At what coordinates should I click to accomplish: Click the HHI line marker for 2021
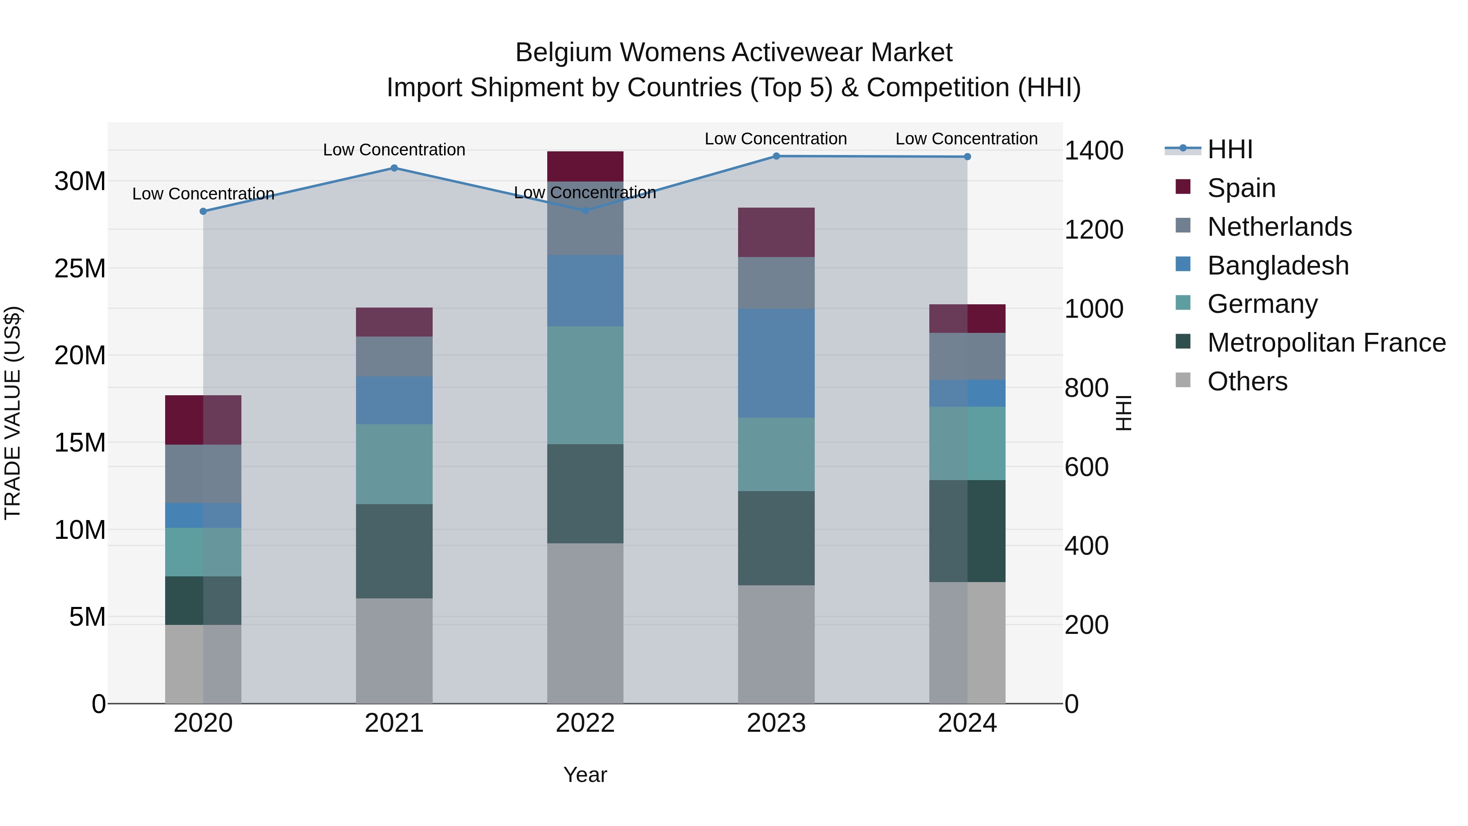(394, 168)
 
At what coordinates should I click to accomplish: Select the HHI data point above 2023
(776, 156)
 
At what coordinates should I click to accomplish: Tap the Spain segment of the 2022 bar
(585, 166)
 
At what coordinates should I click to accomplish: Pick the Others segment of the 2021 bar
(394, 651)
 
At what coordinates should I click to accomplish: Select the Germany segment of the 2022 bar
(585, 385)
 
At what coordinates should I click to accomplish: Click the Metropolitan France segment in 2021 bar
(394, 551)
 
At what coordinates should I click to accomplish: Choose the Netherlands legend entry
(1279, 227)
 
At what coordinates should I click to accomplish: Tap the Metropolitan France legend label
(1326, 343)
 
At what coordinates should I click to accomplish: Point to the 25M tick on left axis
(80, 268)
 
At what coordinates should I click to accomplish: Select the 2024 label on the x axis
(967, 723)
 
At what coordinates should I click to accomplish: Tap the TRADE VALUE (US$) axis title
(13, 413)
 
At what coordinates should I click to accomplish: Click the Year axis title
(585, 775)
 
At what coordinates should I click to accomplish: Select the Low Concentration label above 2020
(203, 194)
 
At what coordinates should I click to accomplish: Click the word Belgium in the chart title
(563, 53)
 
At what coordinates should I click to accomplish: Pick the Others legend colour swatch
(1183, 380)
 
